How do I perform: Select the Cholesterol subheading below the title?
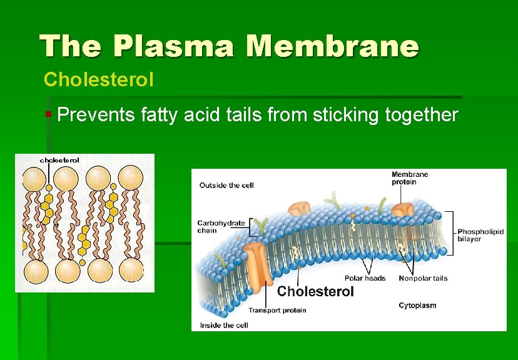click(x=90, y=80)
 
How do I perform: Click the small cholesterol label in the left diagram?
click(x=60, y=160)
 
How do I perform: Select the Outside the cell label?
click(x=226, y=185)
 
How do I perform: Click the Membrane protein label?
click(x=410, y=178)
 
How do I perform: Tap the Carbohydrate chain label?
click(x=221, y=226)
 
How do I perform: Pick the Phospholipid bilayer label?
click(x=480, y=234)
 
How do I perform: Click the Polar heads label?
click(x=365, y=278)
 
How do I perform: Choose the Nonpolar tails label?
click(x=423, y=278)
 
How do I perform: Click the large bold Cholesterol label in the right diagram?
click(x=315, y=291)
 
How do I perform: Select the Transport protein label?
click(x=277, y=310)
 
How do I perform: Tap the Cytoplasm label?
click(x=417, y=305)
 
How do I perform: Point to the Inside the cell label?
click(x=224, y=325)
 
